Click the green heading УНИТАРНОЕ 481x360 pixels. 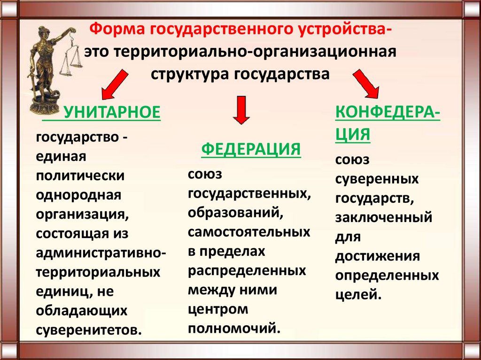[x=112, y=112]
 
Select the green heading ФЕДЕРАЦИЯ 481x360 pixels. [x=251, y=149]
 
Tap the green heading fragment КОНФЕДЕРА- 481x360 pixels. [x=388, y=113]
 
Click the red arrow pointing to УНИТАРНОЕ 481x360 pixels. [x=115, y=84]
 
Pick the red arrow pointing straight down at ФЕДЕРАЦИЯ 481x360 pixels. [x=241, y=110]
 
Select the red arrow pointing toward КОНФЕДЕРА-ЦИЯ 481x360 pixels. [x=366, y=84]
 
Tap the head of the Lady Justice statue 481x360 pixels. [x=43, y=31]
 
